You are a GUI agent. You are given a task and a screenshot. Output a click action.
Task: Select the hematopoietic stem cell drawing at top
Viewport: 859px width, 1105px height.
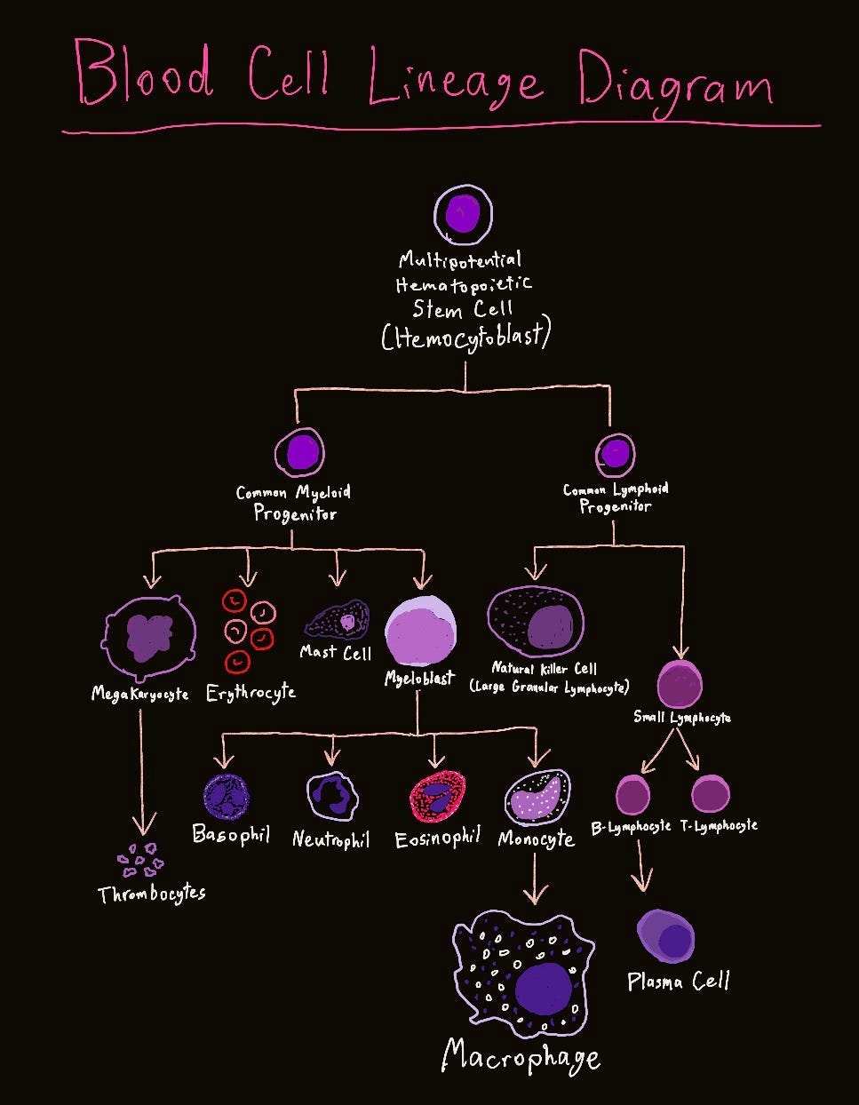pyautogui.click(x=463, y=214)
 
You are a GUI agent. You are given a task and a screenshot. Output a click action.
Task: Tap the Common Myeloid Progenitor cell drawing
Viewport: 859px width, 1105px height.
pyautogui.click(x=300, y=452)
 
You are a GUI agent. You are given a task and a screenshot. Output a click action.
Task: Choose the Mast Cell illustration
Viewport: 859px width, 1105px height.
pyautogui.click(x=338, y=619)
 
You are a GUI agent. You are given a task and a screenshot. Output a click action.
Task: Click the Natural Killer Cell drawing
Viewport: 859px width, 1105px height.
pyautogui.click(x=536, y=623)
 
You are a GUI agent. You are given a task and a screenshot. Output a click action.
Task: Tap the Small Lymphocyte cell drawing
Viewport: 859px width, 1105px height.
pyautogui.click(x=680, y=684)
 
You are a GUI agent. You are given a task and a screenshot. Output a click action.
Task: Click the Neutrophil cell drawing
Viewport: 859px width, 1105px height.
pyautogui.click(x=331, y=795)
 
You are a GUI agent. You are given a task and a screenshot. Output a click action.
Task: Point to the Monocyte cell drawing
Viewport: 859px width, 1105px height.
pyautogui.click(x=537, y=797)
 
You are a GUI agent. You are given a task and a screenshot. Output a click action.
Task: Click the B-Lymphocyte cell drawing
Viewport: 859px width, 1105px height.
pyautogui.click(x=632, y=794)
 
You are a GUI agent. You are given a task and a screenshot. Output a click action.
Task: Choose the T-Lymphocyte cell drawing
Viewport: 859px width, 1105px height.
pyautogui.click(x=710, y=794)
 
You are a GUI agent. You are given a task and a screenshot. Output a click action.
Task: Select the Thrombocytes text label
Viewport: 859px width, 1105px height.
pyautogui.click(x=152, y=893)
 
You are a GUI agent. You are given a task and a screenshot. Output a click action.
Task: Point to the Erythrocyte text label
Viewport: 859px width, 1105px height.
pyautogui.click(x=251, y=693)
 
